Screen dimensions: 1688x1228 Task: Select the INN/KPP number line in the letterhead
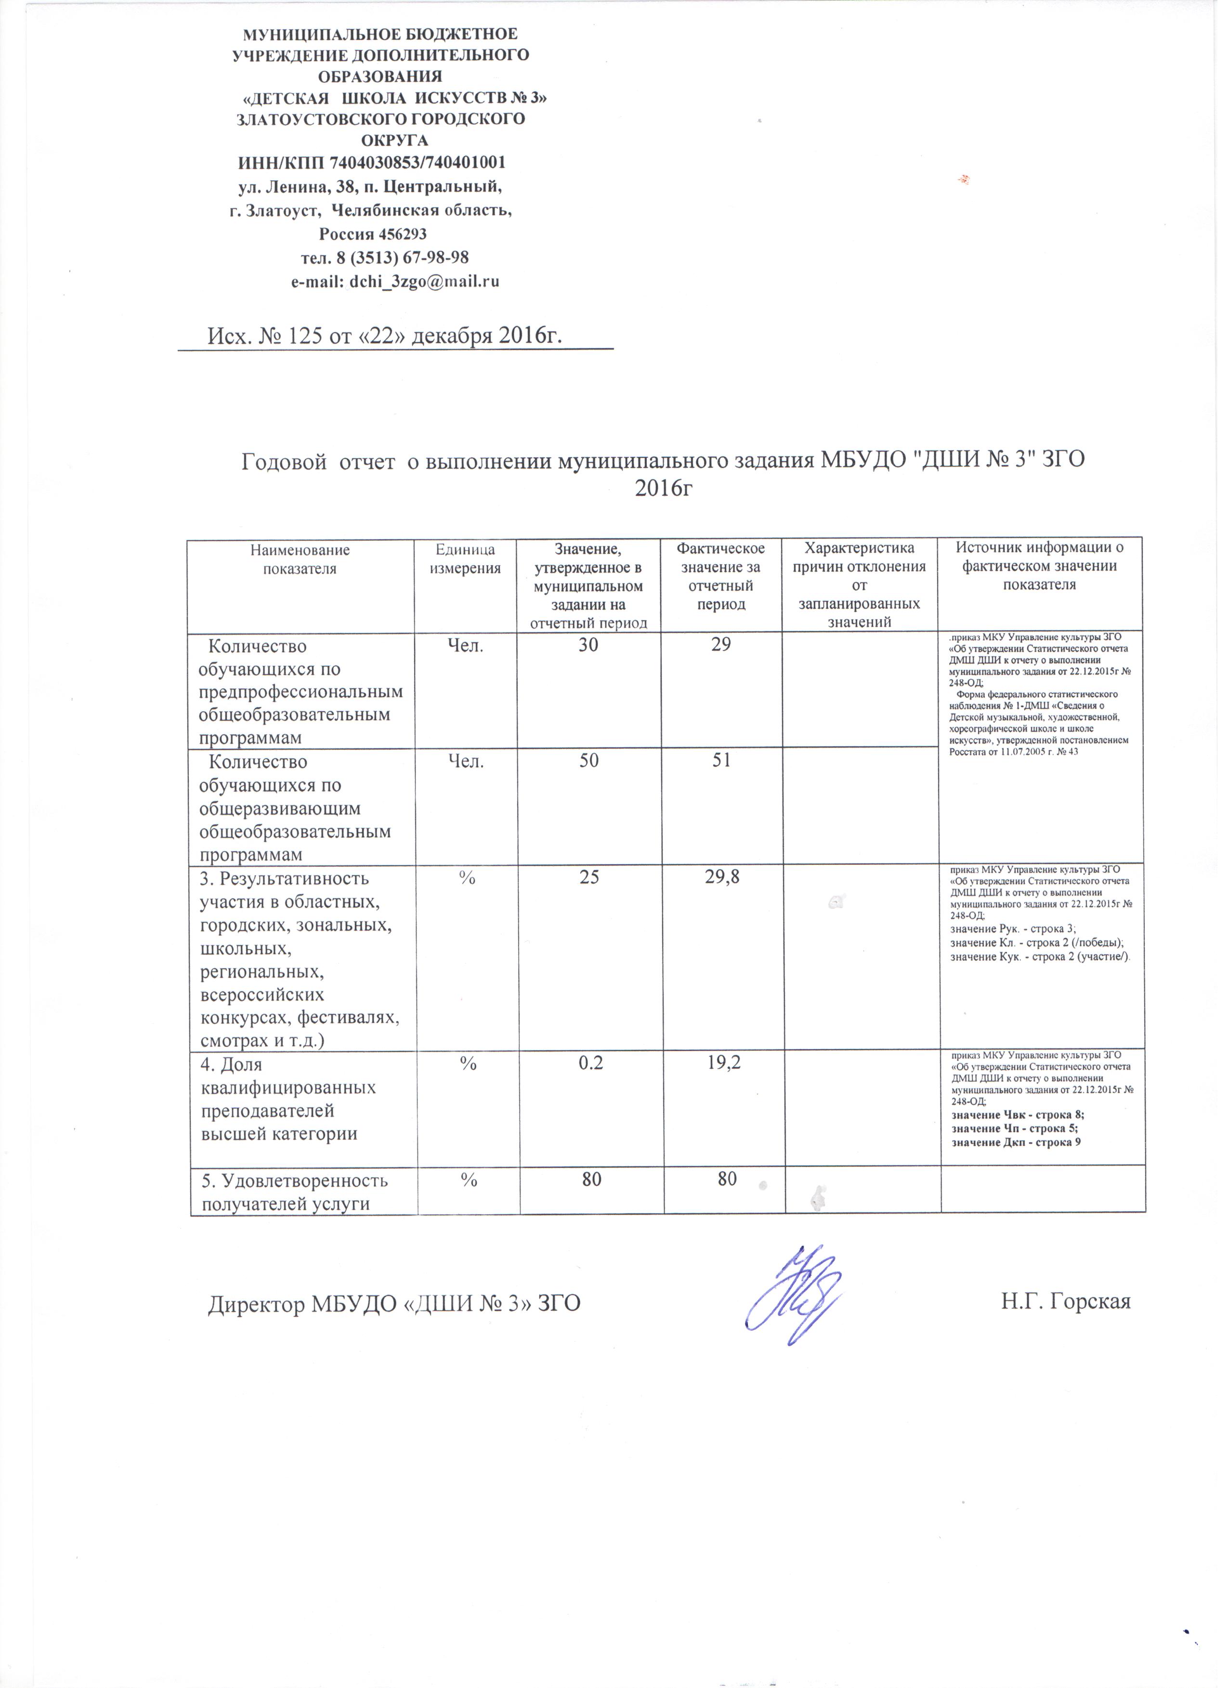[371, 162]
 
